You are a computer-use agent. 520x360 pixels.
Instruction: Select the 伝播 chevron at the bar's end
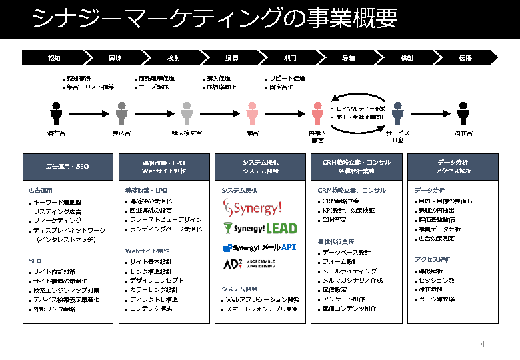(x=464, y=58)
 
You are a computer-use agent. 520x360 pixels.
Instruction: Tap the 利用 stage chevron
(x=290, y=58)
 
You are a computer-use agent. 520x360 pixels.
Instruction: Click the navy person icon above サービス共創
(x=397, y=113)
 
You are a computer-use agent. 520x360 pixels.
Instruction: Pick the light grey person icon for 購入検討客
(x=187, y=113)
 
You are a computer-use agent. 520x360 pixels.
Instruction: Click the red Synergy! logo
(x=252, y=209)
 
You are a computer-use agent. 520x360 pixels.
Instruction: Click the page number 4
(x=483, y=344)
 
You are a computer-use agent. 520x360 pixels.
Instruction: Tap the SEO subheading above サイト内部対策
(x=35, y=261)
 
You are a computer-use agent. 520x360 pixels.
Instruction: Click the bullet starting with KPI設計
(x=348, y=211)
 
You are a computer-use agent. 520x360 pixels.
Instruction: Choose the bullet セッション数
(x=437, y=281)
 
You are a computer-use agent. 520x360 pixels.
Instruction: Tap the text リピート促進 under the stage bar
(x=287, y=78)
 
